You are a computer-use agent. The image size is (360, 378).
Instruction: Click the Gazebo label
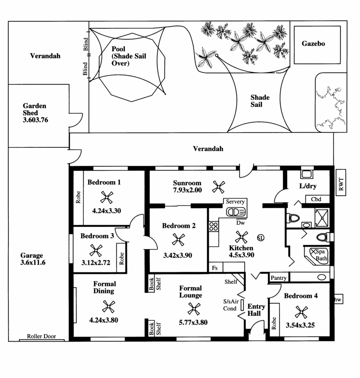[313, 44]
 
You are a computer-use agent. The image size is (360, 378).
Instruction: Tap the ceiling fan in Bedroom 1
[107, 197]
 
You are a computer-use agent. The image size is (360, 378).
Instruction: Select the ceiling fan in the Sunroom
[219, 187]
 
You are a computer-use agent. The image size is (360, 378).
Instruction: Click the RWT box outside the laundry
[341, 182]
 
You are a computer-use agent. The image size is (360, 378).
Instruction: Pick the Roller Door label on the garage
[41, 336]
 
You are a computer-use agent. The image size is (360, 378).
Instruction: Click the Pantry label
[279, 278]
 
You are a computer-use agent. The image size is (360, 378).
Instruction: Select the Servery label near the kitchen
[235, 201]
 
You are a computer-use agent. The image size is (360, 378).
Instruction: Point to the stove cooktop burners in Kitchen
[214, 227]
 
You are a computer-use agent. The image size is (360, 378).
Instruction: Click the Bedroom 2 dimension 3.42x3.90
[178, 255]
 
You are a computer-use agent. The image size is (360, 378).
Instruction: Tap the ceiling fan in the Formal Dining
[108, 307]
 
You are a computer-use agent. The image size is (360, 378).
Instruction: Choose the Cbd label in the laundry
[316, 200]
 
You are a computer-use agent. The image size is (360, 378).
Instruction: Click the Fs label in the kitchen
[215, 268]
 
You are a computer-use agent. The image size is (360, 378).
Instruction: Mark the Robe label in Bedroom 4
[274, 323]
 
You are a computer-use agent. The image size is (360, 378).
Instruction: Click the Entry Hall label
[256, 310]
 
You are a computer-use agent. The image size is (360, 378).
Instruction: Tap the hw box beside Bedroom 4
[338, 299]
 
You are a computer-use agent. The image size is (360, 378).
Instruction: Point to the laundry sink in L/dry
[307, 174]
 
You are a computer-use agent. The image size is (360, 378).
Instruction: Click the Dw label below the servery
[240, 223]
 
